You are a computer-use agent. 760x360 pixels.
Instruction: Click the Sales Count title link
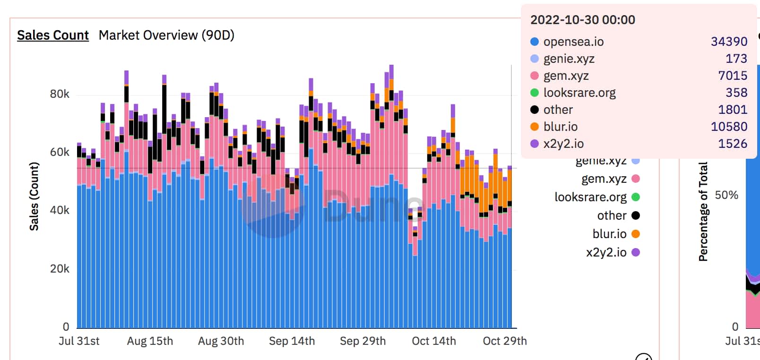point(53,35)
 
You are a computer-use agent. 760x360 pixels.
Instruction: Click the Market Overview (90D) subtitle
point(166,35)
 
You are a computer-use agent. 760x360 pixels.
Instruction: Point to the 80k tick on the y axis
point(60,94)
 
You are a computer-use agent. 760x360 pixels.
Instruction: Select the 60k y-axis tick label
point(60,152)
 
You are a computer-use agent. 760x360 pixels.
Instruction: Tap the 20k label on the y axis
point(60,269)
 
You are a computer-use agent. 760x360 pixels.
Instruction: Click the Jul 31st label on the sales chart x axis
point(79,341)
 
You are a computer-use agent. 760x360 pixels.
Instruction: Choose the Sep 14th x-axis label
point(292,341)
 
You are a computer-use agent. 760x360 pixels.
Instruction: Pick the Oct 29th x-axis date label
point(504,341)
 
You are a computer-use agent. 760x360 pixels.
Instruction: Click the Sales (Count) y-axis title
point(34,196)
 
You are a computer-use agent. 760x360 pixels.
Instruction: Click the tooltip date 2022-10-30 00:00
point(582,20)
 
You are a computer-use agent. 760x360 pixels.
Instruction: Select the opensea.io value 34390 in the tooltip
point(729,42)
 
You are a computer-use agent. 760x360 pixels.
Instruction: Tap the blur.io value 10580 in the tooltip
point(729,127)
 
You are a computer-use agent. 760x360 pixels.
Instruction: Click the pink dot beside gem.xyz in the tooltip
point(535,76)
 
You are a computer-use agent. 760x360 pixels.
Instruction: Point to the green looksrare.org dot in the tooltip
point(535,93)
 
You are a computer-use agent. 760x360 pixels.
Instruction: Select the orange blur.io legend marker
point(636,234)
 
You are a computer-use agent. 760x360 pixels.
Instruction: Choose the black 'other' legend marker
point(636,215)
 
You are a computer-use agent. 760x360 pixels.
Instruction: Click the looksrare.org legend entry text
point(590,197)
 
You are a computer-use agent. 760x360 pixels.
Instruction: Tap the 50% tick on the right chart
point(726,195)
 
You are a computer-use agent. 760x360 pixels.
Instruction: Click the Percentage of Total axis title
point(703,212)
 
